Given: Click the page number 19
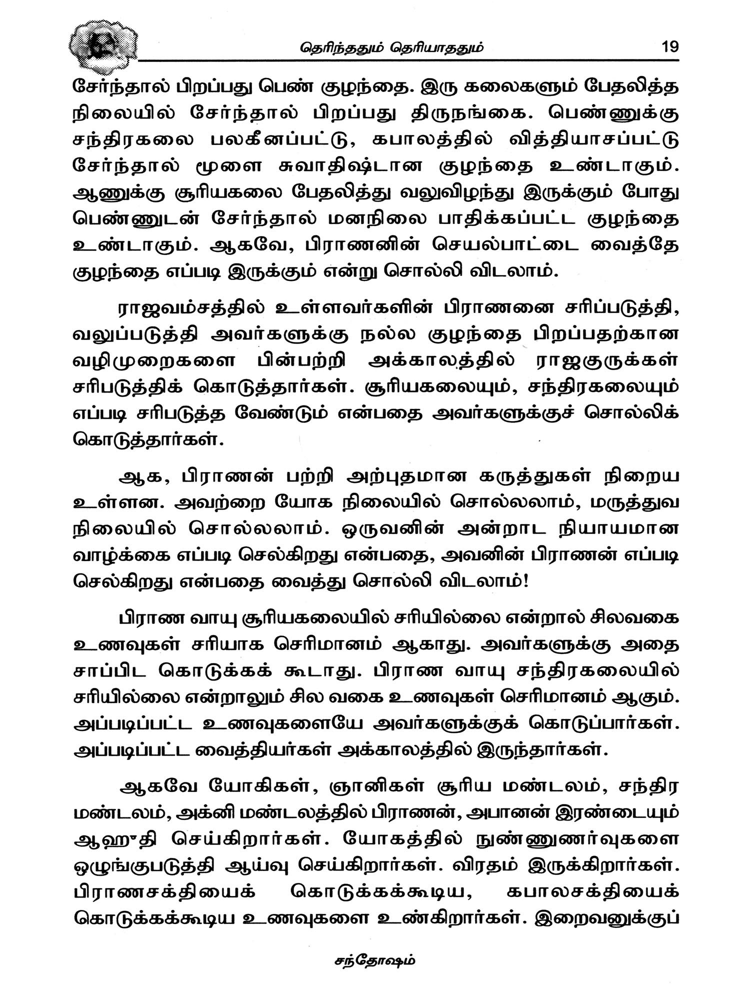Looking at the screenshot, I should point(669,47).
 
